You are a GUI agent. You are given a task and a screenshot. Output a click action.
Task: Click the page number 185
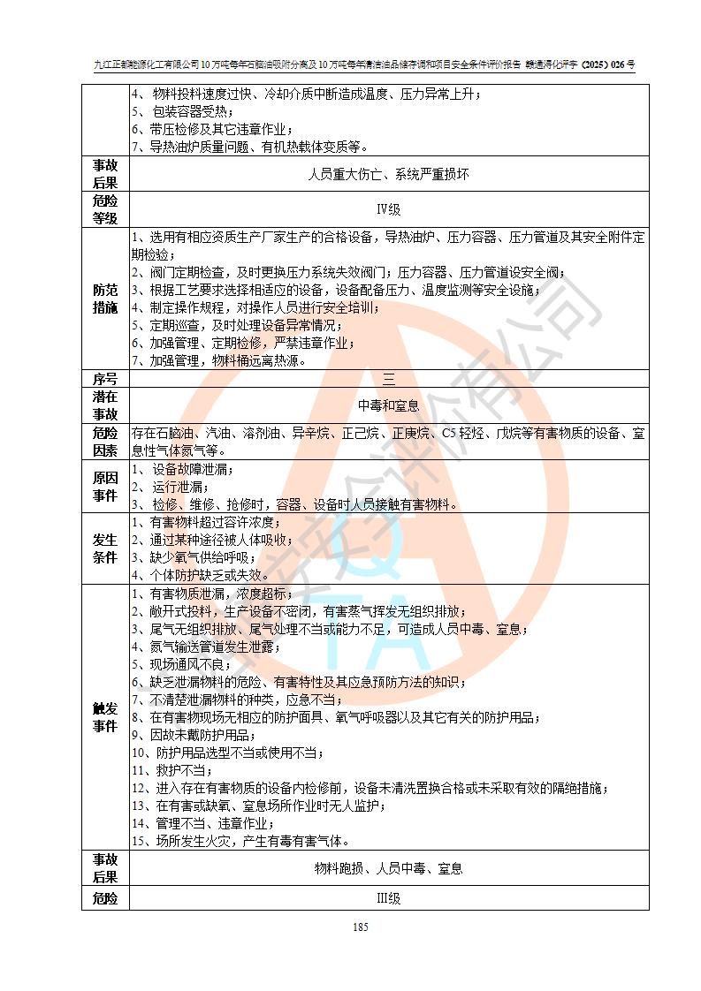coord(360,927)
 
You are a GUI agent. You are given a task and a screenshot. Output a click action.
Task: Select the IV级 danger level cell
coord(389,210)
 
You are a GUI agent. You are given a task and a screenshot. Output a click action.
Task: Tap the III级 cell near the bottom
coord(389,898)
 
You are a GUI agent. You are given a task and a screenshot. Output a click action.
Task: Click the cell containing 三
coord(389,378)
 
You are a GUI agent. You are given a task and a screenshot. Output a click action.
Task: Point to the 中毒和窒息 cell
coord(389,405)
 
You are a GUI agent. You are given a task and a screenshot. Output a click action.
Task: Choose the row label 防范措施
coord(105,299)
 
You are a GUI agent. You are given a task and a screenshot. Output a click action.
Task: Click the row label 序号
coord(105,378)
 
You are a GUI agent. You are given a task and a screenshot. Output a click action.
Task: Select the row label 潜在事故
coord(105,405)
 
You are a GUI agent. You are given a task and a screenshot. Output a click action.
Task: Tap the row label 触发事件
coord(105,717)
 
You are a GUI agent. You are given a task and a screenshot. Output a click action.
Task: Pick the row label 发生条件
coord(105,548)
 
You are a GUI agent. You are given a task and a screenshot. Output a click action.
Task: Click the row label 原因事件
coord(105,487)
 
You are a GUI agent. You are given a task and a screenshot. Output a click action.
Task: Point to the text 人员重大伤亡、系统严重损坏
coord(389,174)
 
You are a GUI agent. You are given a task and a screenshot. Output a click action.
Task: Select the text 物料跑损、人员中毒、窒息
coord(389,868)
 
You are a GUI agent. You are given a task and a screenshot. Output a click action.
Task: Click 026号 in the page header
coord(619,64)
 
